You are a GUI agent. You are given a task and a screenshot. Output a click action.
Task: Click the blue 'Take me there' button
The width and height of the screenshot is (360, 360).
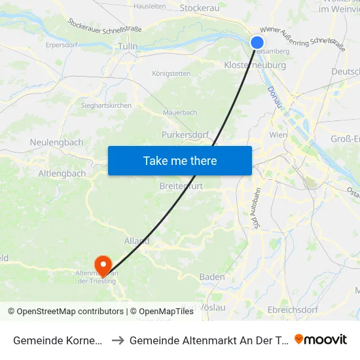tap(180, 160)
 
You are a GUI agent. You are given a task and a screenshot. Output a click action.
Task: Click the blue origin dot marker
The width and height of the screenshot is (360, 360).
tap(257, 43)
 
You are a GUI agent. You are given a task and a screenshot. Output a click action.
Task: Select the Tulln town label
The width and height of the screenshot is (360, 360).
tap(128, 46)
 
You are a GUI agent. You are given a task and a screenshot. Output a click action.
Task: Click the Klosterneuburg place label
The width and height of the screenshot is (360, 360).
tap(255, 65)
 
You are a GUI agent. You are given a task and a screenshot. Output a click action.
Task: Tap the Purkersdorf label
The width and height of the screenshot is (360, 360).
tap(185, 135)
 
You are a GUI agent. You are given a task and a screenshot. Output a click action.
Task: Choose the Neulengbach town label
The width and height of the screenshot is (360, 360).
tap(56, 141)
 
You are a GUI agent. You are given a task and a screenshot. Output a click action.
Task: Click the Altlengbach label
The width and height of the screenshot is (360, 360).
tap(62, 173)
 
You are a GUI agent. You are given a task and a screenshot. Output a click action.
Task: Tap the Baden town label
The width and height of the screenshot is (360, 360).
tap(212, 277)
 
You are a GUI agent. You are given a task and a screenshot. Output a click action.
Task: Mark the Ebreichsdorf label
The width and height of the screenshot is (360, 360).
tap(293, 309)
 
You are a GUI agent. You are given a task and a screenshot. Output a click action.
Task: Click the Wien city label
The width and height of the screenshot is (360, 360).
tap(278, 134)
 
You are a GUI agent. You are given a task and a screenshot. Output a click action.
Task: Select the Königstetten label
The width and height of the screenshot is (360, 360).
tap(171, 73)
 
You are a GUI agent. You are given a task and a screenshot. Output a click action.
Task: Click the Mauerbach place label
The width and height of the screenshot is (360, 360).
tap(179, 113)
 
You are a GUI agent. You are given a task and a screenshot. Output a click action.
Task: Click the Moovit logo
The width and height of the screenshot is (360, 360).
tap(321, 339)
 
